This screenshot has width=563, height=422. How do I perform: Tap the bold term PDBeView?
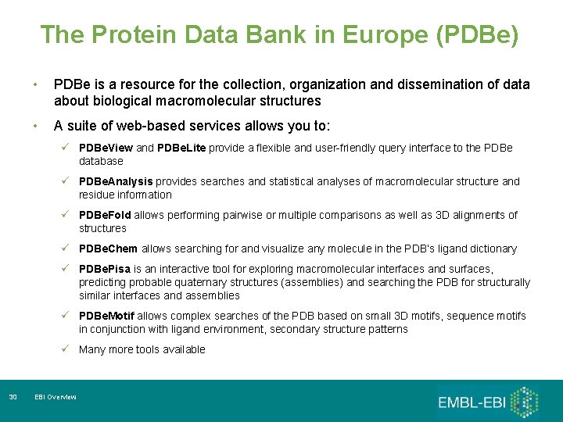pos(106,148)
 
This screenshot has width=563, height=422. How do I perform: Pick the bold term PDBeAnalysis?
pos(114,181)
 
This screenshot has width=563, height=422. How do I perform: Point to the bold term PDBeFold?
pos(106,215)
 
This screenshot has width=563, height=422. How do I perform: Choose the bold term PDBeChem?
pos(108,249)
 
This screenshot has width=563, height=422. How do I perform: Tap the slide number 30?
pos(13,398)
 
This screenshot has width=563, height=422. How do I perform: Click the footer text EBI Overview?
pos(56,398)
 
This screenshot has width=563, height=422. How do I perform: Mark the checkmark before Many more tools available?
pos(67,349)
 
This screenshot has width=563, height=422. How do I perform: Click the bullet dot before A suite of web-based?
pos(35,126)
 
